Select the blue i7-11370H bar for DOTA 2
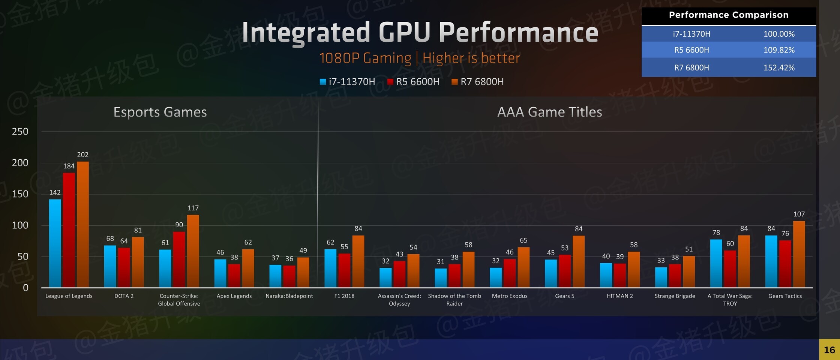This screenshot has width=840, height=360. coord(110,267)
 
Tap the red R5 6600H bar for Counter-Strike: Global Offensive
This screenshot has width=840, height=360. coord(179,259)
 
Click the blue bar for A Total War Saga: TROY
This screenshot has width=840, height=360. coord(716,263)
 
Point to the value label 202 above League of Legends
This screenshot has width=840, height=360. coord(83,154)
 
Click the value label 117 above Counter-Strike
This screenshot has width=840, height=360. coord(193,208)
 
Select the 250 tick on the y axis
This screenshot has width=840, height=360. coord(20,132)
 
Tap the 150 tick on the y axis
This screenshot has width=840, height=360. coord(20,194)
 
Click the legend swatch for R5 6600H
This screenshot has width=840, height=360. coord(390,82)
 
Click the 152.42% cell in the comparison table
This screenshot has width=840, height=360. coord(779,67)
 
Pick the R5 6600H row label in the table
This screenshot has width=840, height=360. coord(691,50)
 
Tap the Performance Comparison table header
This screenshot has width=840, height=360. coord(728,15)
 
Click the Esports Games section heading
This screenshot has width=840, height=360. coord(160,112)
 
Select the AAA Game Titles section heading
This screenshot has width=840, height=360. coord(549,112)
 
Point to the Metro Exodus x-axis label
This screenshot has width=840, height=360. coord(510,296)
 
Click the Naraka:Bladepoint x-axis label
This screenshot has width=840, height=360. coord(289,296)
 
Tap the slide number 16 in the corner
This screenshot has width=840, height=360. coord(829,350)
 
